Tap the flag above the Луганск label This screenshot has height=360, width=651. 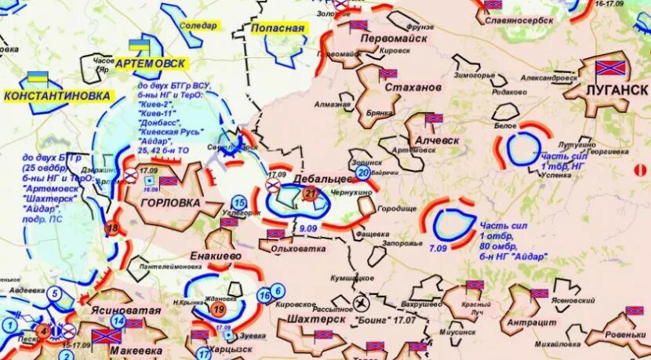tap(611, 69)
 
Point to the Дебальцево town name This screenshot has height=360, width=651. tap(321, 179)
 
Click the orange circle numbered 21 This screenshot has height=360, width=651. tap(311, 195)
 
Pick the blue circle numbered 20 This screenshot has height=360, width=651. tap(362, 172)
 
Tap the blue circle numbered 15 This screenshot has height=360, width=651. tap(239, 203)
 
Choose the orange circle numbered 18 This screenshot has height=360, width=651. tap(113, 228)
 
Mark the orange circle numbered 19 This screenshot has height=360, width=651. tap(219, 308)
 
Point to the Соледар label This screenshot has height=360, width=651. tap(198, 25)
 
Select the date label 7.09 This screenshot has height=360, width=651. tap(438, 248)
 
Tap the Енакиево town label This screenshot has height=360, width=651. tap(215, 256)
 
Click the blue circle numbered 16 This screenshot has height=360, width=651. tap(264, 295)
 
